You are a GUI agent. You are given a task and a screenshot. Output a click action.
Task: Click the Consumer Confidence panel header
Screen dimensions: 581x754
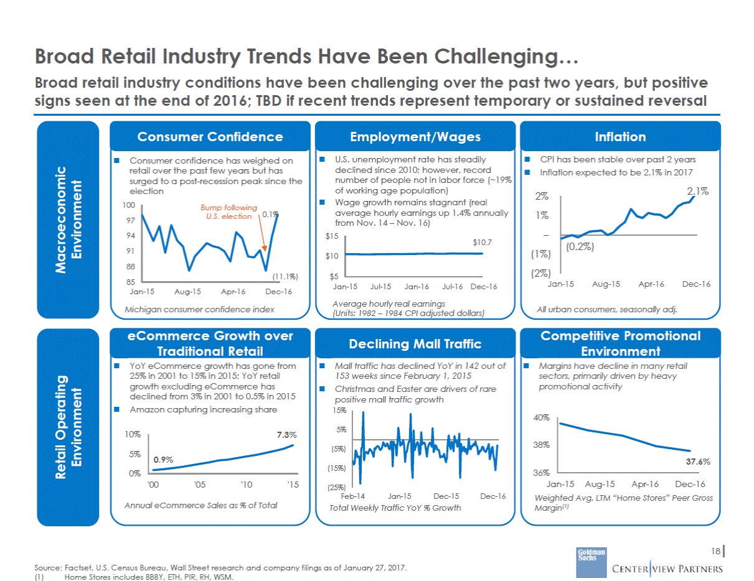[x=210, y=137]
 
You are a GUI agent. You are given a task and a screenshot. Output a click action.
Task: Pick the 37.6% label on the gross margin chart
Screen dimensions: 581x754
[x=697, y=462]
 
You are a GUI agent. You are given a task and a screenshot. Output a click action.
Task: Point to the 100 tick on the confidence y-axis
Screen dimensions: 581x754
[x=129, y=205]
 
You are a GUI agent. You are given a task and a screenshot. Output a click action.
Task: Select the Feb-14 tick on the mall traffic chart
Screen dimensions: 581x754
[x=353, y=496]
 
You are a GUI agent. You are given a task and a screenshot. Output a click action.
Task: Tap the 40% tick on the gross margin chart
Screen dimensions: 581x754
[x=542, y=418]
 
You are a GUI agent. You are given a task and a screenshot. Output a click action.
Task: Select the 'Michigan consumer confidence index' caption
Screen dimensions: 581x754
[x=199, y=309]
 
